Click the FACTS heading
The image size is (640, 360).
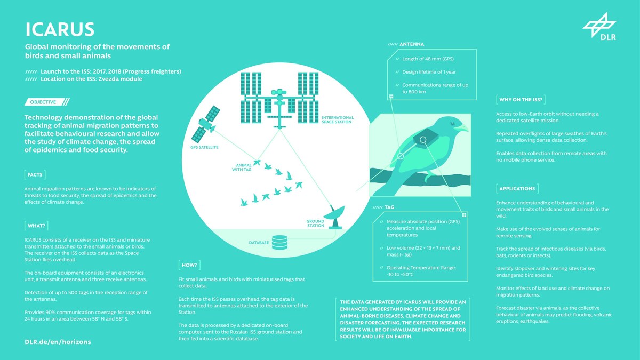coord(35,174)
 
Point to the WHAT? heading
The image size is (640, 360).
coord(36,225)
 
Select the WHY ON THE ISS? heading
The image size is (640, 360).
coord(521,99)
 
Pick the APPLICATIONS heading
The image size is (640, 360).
coord(517,188)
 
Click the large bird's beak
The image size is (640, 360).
coord(462,128)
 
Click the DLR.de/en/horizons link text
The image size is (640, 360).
coord(58,341)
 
